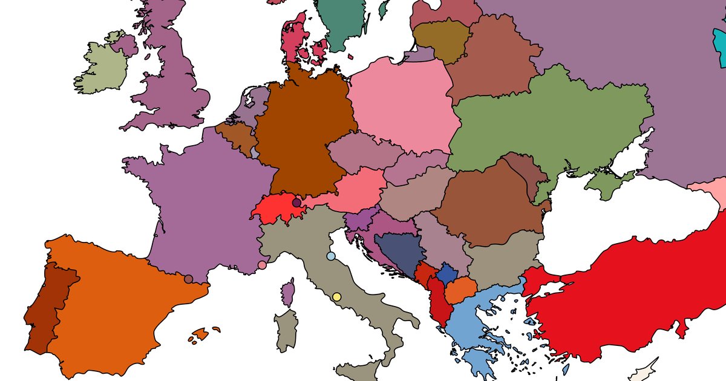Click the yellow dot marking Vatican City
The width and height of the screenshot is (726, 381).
pos(337,297)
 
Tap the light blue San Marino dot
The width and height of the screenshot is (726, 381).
pos(330,256)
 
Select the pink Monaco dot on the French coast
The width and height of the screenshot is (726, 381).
pos(262,265)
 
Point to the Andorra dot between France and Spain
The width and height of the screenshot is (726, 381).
pos(189,279)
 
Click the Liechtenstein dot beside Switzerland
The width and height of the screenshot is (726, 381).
pos(296,203)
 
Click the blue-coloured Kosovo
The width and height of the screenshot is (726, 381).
pos(446,274)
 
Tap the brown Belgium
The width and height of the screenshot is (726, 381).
pos(236,135)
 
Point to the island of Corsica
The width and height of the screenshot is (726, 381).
pos(289,292)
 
